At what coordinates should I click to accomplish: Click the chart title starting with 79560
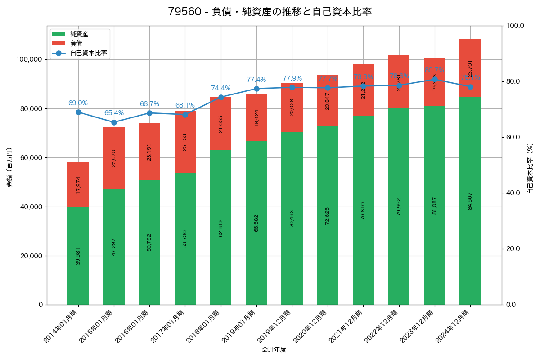point(270,12)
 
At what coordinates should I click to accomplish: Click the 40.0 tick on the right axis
point(513,193)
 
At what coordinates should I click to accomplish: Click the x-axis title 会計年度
point(274,350)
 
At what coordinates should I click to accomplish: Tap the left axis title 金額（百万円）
point(9,167)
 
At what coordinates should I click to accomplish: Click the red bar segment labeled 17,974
point(78,184)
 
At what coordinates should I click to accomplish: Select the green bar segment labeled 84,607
point(470,201)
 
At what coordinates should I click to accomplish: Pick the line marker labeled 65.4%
point(114,122)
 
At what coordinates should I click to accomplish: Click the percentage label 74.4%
point(220,88)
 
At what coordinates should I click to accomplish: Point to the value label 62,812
point(221,228)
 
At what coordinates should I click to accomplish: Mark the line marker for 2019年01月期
point(256,89)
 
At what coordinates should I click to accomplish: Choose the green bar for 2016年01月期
point(149,242)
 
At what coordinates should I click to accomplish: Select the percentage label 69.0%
point(78,103)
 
